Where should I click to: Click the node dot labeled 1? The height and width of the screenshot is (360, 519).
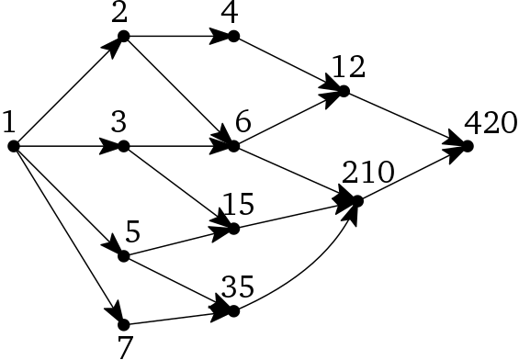[14, 146]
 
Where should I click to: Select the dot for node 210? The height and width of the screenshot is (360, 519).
[356, 199]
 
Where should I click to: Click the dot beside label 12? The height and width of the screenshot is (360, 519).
[344, 91]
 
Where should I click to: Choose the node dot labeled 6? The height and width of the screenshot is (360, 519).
[233, 146]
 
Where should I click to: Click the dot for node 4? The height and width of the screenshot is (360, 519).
[233, 37]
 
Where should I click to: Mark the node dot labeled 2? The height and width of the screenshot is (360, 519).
[123, 37]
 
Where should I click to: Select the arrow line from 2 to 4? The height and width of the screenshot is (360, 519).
[175, 37]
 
